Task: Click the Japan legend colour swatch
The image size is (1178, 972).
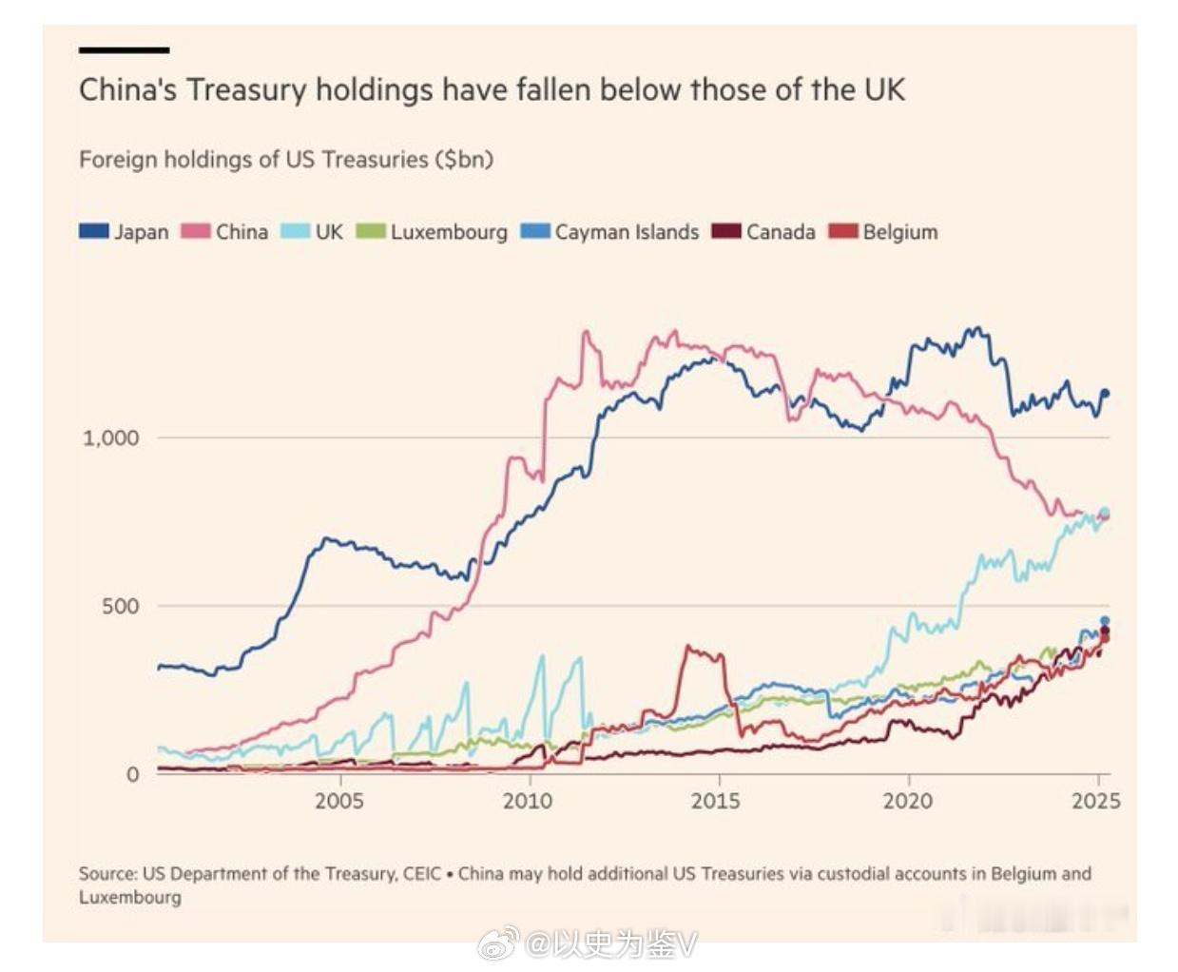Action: (94, 231)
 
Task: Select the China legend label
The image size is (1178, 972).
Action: (241, 232)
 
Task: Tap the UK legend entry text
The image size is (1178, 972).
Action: (329, 232)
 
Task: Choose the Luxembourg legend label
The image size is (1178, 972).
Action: (449, 232)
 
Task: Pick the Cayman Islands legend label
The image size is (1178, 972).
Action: (627, 232)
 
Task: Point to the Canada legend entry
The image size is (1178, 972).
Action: (781, 232)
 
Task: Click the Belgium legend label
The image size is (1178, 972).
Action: (900, 232)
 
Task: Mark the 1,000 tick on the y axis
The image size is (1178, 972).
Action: (111, 438)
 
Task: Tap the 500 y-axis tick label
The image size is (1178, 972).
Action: (121, 607)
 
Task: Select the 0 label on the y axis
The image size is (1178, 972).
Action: (133, 775)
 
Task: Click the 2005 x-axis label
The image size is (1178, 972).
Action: (339, 801)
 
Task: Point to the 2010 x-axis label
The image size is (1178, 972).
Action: (528, 801)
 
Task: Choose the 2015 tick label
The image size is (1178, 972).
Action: (716, 801)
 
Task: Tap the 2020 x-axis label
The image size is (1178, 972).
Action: (907, 801)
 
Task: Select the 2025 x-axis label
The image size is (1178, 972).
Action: (1095, 801)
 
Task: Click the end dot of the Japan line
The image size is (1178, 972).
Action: (1105, 393)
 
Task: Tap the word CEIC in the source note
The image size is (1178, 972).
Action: (422, 873)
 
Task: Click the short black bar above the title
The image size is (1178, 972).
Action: (124, 49)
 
